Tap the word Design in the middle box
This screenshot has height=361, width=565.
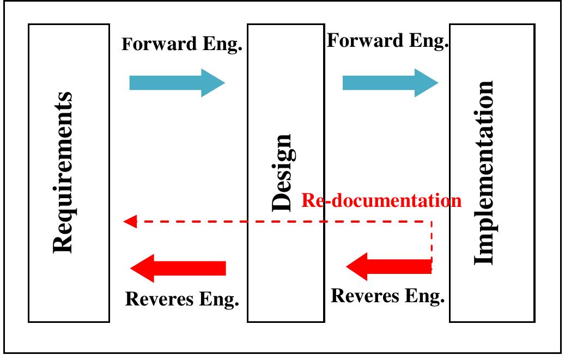point(284,173)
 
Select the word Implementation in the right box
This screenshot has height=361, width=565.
point(484,173)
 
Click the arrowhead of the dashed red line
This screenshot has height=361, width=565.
point(130,222)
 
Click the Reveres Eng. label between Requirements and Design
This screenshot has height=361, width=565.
point(183,299)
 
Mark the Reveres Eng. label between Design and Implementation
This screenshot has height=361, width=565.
point(388,296)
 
